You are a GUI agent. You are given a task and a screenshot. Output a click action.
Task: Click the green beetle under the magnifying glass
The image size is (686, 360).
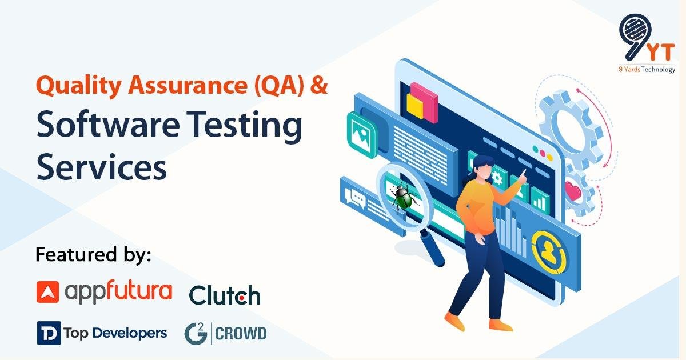(404, 198)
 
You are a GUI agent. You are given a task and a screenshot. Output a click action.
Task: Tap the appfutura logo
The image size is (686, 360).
(104, 291)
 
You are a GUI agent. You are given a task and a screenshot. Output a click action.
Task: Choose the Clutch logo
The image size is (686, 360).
(224, 295)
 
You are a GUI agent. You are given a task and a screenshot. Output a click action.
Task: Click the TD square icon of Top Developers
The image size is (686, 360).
(49, 333)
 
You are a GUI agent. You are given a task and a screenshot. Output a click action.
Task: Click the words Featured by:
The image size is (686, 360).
(93, 254)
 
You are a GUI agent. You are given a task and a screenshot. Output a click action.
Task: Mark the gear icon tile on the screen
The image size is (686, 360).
(497, 177)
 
